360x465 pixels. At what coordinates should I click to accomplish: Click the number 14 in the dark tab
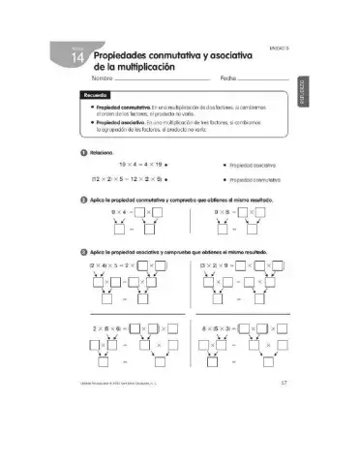78,62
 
